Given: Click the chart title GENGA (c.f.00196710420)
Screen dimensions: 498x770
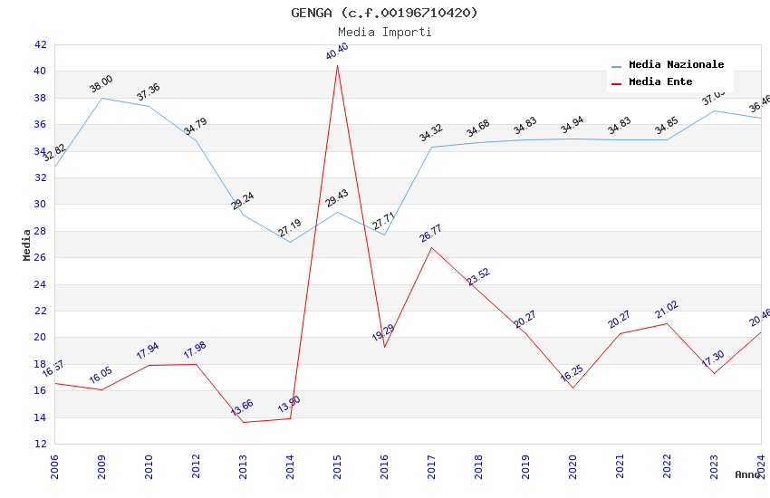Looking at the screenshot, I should click(x=384, y=13).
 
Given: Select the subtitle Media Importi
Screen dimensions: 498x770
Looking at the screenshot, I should click(x=384, y=32).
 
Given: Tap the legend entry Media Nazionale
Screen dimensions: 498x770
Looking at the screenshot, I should click(x=676, y=65).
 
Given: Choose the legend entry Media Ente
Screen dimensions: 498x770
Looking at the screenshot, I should click(x=660, y=81).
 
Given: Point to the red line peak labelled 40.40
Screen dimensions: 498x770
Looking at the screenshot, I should click(x=337, y=64).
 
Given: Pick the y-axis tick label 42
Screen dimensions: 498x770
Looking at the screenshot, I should click(x=40, y=44).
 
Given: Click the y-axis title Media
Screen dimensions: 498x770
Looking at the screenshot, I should click(x=27, y=244).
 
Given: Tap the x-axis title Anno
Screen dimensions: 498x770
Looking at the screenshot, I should click(x=747, y=474).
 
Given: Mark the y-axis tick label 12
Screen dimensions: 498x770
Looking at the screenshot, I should click(x=40, y=444).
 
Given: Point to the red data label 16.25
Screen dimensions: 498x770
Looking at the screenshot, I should click(x=572, y=375).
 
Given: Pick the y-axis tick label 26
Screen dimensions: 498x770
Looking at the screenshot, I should click(x=40, y=257).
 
